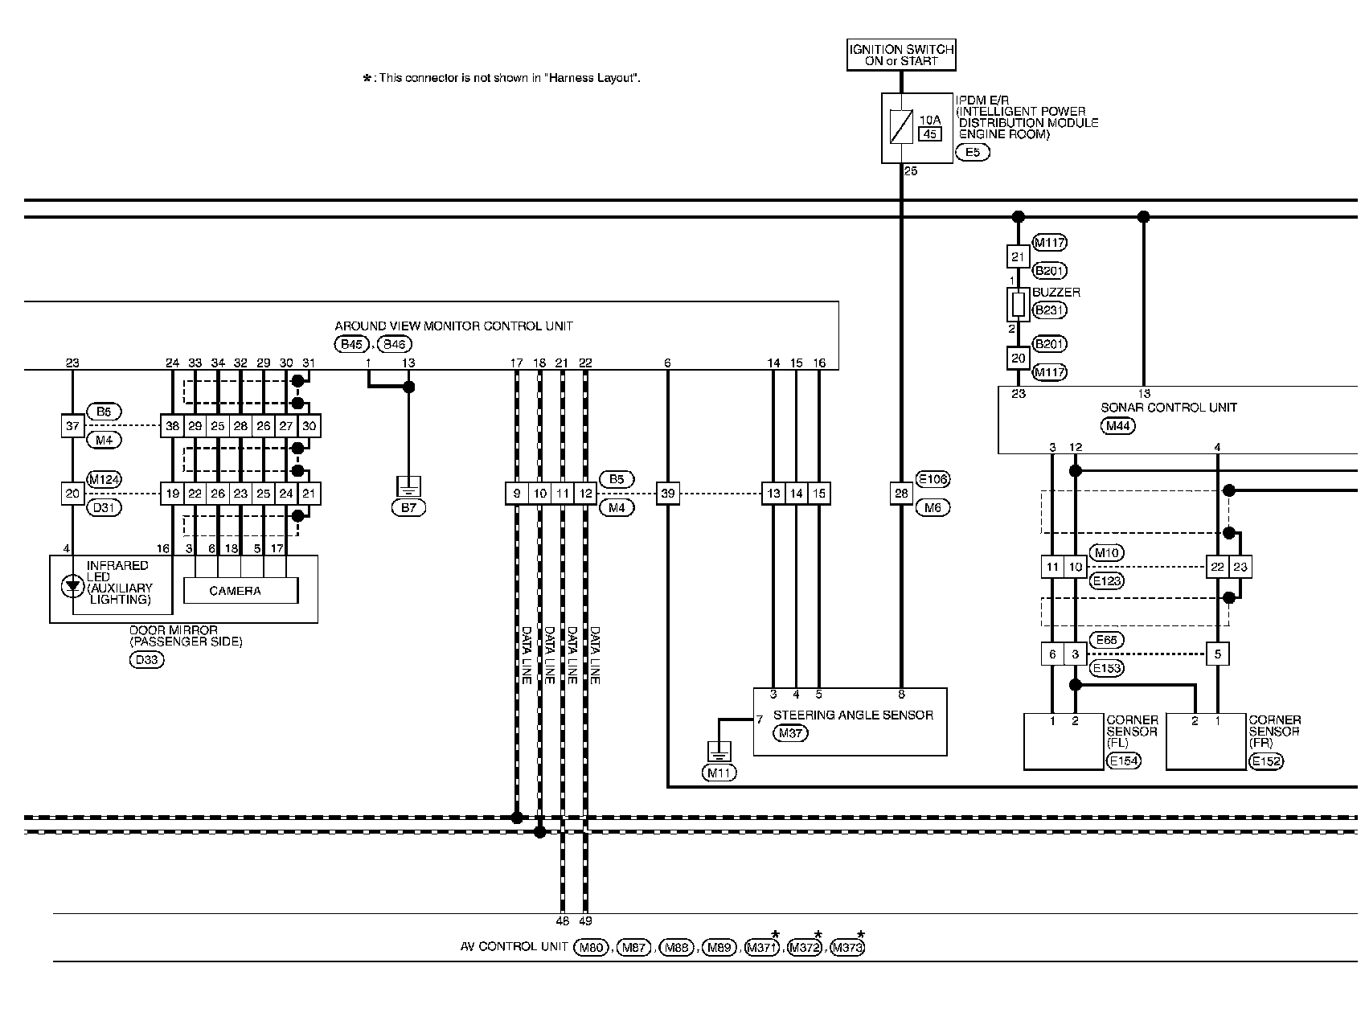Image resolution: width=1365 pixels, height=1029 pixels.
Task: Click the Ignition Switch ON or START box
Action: (901, 55)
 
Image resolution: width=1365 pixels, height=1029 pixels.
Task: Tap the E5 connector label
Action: (972, 152)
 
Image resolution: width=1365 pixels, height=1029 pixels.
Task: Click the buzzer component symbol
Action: (1018, 305)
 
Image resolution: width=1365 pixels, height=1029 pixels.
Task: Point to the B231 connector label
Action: (1049, 310)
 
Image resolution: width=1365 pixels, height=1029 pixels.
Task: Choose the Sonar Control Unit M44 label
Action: (1118, 426)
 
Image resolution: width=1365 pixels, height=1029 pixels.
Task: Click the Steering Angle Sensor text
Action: (852, 715)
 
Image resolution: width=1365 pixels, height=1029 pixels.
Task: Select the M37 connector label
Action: (791, 733)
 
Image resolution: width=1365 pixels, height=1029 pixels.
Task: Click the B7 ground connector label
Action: (408, 507)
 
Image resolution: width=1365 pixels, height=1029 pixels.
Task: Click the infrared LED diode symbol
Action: (73, 587)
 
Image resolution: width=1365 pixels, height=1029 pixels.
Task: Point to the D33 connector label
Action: (146, 660)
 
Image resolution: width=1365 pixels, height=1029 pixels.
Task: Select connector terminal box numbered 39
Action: (667, 494)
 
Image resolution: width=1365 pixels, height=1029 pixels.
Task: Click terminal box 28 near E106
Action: (901, 494)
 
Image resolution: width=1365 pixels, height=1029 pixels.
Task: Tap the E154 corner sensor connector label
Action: (1123, 760)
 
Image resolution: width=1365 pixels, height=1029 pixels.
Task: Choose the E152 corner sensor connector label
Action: (1265, 760)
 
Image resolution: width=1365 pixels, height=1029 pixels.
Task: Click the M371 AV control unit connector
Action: (762, 948)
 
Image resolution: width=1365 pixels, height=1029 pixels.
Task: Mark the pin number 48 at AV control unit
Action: (562, 921)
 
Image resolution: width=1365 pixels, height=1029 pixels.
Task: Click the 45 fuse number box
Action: (930, 134)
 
